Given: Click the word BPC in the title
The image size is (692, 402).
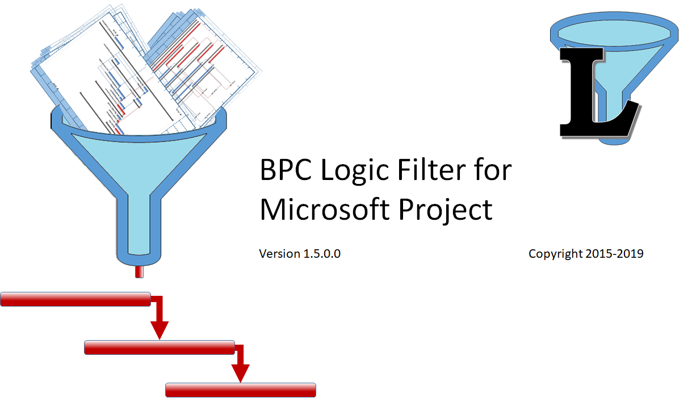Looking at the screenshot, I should pyautogui.click(x=286, y=170).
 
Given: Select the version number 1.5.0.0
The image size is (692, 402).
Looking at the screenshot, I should pyautogui.click(x=322, y=254).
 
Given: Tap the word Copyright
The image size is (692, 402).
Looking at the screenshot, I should pyautogui.click(x=555, y=254).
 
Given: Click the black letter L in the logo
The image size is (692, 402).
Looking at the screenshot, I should pyautogui.click(x=590, y=91).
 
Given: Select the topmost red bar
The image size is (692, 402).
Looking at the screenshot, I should pyautogui.click(x=75, y=299).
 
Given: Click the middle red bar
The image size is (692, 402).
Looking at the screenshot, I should pyautogui.click(x=159, y=347).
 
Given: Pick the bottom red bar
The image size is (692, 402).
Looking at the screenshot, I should pyautogui.click(x=240, y=390).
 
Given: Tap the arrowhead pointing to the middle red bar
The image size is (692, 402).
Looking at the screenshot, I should pyautogui.click(x=160, y=330).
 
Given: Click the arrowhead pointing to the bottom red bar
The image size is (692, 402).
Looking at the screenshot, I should pyautogui.click(x=241, y=373).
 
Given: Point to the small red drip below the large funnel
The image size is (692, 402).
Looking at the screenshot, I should pyautogui.click(x=139, y=272).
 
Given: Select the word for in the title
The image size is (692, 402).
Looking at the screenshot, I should pyautogui.click(x=494, y=170).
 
